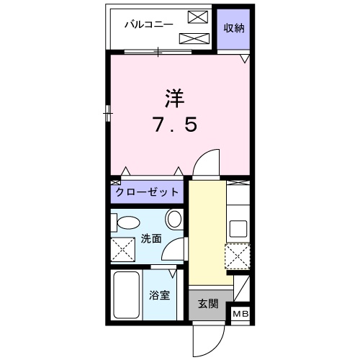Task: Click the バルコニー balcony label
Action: (x=148, y=24)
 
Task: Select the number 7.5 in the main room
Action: (x=174, y=126)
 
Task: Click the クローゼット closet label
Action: (x=147, y=193)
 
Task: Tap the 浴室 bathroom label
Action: (x=159, y=295)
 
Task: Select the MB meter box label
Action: (x=239, y=313)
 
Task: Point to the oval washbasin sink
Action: (x=174, y=218)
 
